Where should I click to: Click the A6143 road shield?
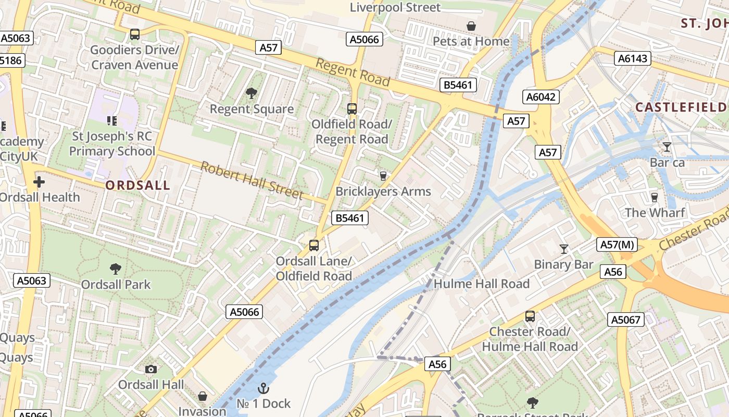coord(633,58)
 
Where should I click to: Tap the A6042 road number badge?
coord(541,97)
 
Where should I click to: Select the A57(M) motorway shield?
coord(617,244)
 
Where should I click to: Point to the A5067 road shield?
coord(626,319)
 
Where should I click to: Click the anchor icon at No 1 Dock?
coord(263,388)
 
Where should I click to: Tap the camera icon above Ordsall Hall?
coord(151,369)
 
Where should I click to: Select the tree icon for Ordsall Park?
coord(116,269)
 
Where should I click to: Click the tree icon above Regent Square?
coord(252,93)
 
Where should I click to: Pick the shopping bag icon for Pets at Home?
coord(471,26)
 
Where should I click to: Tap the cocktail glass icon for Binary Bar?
coord(563,249)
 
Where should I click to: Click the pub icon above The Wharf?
coord(655,197)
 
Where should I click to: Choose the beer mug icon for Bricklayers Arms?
coord(383,176)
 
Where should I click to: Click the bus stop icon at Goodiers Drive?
coord(135,34)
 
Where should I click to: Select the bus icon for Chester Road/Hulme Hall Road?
coord(530,316)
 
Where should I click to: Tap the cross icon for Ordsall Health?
coord(39,182)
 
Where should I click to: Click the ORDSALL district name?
coord(137,186)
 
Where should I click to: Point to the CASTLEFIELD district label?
coord(681,107)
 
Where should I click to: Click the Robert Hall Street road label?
coord(252,180)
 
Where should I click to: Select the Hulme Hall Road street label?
coord(481,284)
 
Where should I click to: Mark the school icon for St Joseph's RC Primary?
coord(111,121)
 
